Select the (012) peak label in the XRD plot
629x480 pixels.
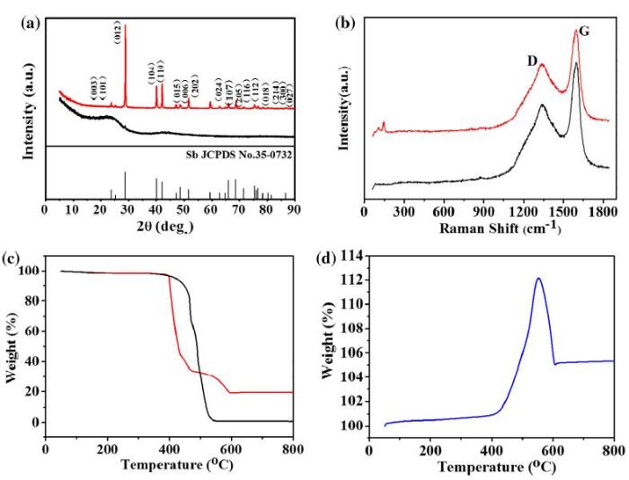click(x=118, y=34)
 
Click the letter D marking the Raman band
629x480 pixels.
click(x=532, y=62)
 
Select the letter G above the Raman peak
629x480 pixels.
click(x=584, y=31)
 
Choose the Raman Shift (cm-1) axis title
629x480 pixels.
click(x=490, y=227)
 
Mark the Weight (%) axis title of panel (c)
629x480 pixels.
click(x=13, y=346)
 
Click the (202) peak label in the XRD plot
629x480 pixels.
click(x=195, y=89)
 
